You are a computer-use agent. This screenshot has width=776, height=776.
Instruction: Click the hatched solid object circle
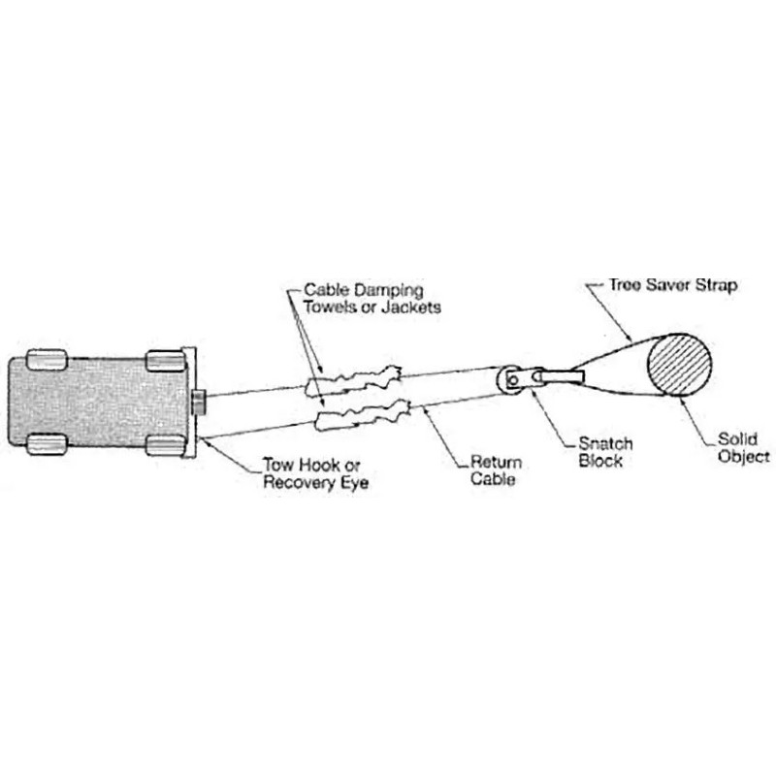pyautogui.click(x=679, y=364)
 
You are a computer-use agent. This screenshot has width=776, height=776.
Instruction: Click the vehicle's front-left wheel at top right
pyautogui.click(x=165, y=362)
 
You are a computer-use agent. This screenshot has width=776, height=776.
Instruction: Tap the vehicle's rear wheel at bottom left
pyautogui.click(x=46, y=445)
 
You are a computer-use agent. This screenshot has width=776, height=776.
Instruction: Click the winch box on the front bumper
pyautogui.click(x=198, y=402)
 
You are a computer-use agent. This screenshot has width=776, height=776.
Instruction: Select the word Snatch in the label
pyautogui.click(x=605, y=443)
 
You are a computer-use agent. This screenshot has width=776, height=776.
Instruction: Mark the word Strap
pyautogui.click(x=718, y=286)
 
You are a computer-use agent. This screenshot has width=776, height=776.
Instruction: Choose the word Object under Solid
pyautogui.click(x=745, y=456)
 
